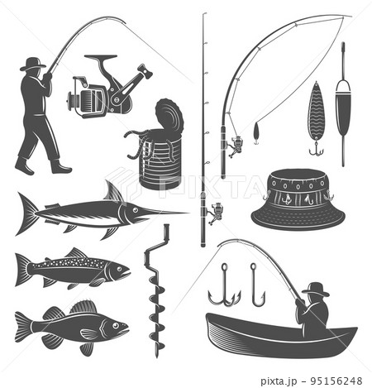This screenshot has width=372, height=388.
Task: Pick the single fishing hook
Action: [256, 285]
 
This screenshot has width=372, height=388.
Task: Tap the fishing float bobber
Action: [343, 108]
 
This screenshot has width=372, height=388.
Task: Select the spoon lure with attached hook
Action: [315, 116]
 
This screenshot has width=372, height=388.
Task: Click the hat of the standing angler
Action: [33, 64]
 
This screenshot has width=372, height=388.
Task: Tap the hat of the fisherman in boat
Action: [315, 289]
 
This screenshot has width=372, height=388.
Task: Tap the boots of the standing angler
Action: [41, 167]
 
